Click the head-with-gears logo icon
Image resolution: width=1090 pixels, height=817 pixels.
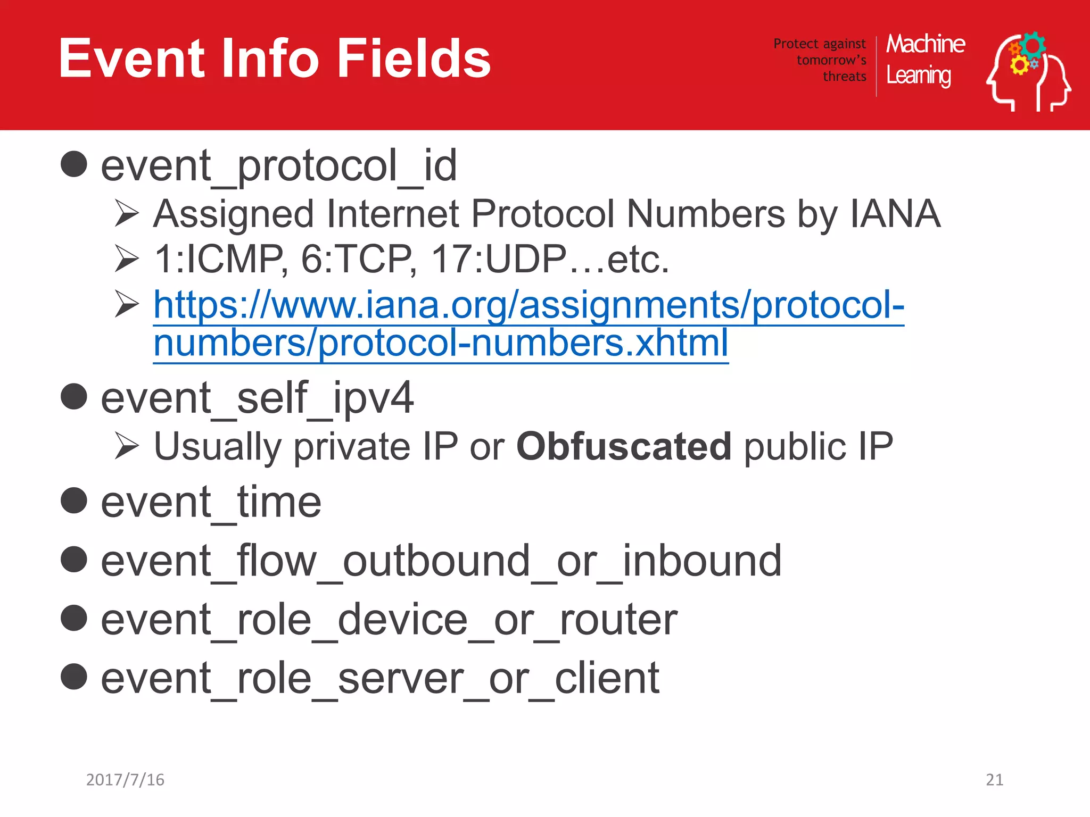[1028, 72]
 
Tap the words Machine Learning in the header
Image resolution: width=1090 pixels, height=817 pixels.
[925, 60]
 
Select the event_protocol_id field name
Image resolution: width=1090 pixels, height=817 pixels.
[279, 166]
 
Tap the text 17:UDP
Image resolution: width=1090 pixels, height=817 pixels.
[499, 260]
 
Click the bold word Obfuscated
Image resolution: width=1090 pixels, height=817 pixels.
[624, 446]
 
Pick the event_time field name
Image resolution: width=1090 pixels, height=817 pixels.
[211, 502]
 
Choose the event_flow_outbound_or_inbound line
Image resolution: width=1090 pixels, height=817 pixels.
[441, 561]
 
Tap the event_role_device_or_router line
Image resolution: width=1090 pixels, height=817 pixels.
[389, 620]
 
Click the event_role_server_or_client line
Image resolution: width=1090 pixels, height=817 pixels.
[380, 678]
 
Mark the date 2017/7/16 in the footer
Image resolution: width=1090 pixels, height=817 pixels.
[125, 779]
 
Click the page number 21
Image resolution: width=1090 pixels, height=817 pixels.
[994, 779]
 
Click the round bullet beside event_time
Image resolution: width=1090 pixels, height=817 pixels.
[74, 501]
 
